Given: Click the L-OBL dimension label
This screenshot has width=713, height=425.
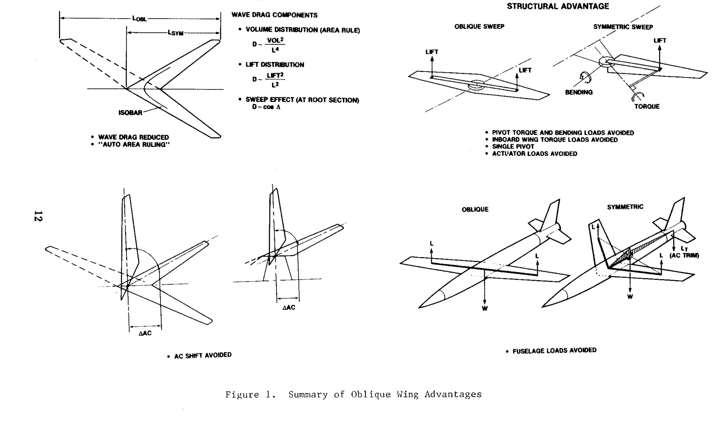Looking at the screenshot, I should coord(139,19).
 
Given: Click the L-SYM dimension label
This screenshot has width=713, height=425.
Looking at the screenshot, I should coord(175,33).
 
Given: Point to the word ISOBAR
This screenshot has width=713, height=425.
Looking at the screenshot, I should coord(130,113).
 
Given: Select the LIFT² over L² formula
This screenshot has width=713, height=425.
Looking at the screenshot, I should coord(275,80).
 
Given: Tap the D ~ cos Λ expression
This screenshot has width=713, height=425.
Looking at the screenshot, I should coord(266,107).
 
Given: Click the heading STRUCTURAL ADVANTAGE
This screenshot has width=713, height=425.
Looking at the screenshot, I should coord(558,6).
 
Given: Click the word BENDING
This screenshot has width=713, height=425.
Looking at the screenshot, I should coord(579,92).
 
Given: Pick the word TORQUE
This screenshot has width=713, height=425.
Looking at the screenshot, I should coord(647,106).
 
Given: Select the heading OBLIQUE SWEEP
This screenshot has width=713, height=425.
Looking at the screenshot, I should coord(479,27).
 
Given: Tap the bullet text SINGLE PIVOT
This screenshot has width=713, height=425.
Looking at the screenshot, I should coord(513,147).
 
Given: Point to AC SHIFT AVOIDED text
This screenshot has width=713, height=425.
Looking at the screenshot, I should coord(203,356).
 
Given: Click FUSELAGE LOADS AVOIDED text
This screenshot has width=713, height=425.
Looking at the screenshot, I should coord(554,350).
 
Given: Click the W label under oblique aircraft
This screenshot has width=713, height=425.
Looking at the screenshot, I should coord(485,309).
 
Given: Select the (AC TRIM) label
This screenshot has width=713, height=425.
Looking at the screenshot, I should coord(684,256).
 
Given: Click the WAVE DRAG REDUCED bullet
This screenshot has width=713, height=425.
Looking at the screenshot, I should coord(133,137).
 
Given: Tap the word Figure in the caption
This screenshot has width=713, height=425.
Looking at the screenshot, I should coord(242,395).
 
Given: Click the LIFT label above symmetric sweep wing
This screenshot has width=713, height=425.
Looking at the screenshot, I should coord(660,41).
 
